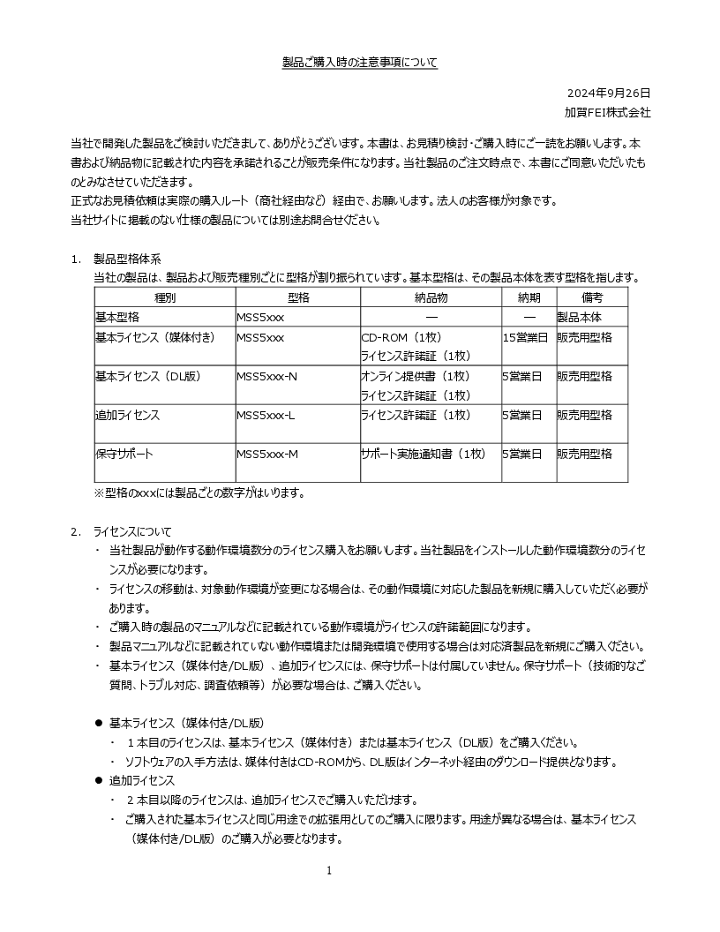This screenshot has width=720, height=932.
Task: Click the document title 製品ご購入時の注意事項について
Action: click(x=359, y=63)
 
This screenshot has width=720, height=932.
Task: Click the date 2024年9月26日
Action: click(x=609, y=93)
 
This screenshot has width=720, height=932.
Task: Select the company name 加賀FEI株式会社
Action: click(x=608, y=112)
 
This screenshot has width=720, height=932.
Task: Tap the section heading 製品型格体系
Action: click(x=128, y=259)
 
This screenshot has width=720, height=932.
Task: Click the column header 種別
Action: click(x=165, y=298)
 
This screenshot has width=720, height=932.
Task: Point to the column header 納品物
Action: click(x=431, y=298)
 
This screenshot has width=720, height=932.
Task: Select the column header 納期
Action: click(x=529, y=298)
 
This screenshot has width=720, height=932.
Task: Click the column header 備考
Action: click(x=592, y=298)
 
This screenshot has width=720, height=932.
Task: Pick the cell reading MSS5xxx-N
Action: click(x=267, y=377)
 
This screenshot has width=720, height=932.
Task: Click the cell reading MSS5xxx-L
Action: click(x=266, y=415)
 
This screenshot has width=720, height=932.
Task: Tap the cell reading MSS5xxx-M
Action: click(x=267, y=454)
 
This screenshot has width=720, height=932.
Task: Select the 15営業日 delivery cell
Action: click(x=525, y=338)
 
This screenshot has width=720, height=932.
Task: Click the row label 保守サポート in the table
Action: click(x=124, y=454)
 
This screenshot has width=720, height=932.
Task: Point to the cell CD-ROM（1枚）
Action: click(x=401, y=338)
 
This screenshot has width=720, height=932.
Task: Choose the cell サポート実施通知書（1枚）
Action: click(x=424, y=454)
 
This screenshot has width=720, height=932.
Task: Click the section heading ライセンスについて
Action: click(x=133, y=531)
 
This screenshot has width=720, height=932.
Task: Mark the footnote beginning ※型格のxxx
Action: click(x=199, y=492)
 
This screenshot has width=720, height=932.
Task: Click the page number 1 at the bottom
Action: click(x=329, y=871)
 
